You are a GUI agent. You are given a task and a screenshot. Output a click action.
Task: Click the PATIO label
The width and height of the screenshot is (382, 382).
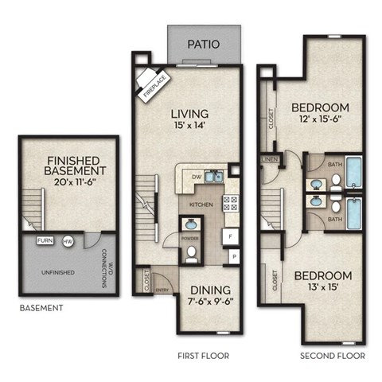pyautogui.click(x=204, y=44)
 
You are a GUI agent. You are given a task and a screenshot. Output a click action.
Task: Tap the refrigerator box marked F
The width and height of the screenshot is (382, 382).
pyautogui.click(x=230, y=237)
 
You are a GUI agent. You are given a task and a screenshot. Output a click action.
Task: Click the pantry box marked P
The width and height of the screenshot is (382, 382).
pyautogui.click(x=234, y=257)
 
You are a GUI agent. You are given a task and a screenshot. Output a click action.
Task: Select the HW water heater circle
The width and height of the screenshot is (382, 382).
pyautogui.click(x=68, y=240)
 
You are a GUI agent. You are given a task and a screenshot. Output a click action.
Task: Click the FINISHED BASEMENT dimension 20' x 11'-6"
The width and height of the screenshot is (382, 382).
pyautogui.click(x=76, y=183)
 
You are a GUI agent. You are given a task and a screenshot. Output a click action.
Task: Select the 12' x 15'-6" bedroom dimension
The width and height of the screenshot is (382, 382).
pyautogui.click(x=320, y=122)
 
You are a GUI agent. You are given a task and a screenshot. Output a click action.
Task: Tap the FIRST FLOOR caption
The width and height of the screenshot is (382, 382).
pyautogui.click(x=202, y=356)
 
